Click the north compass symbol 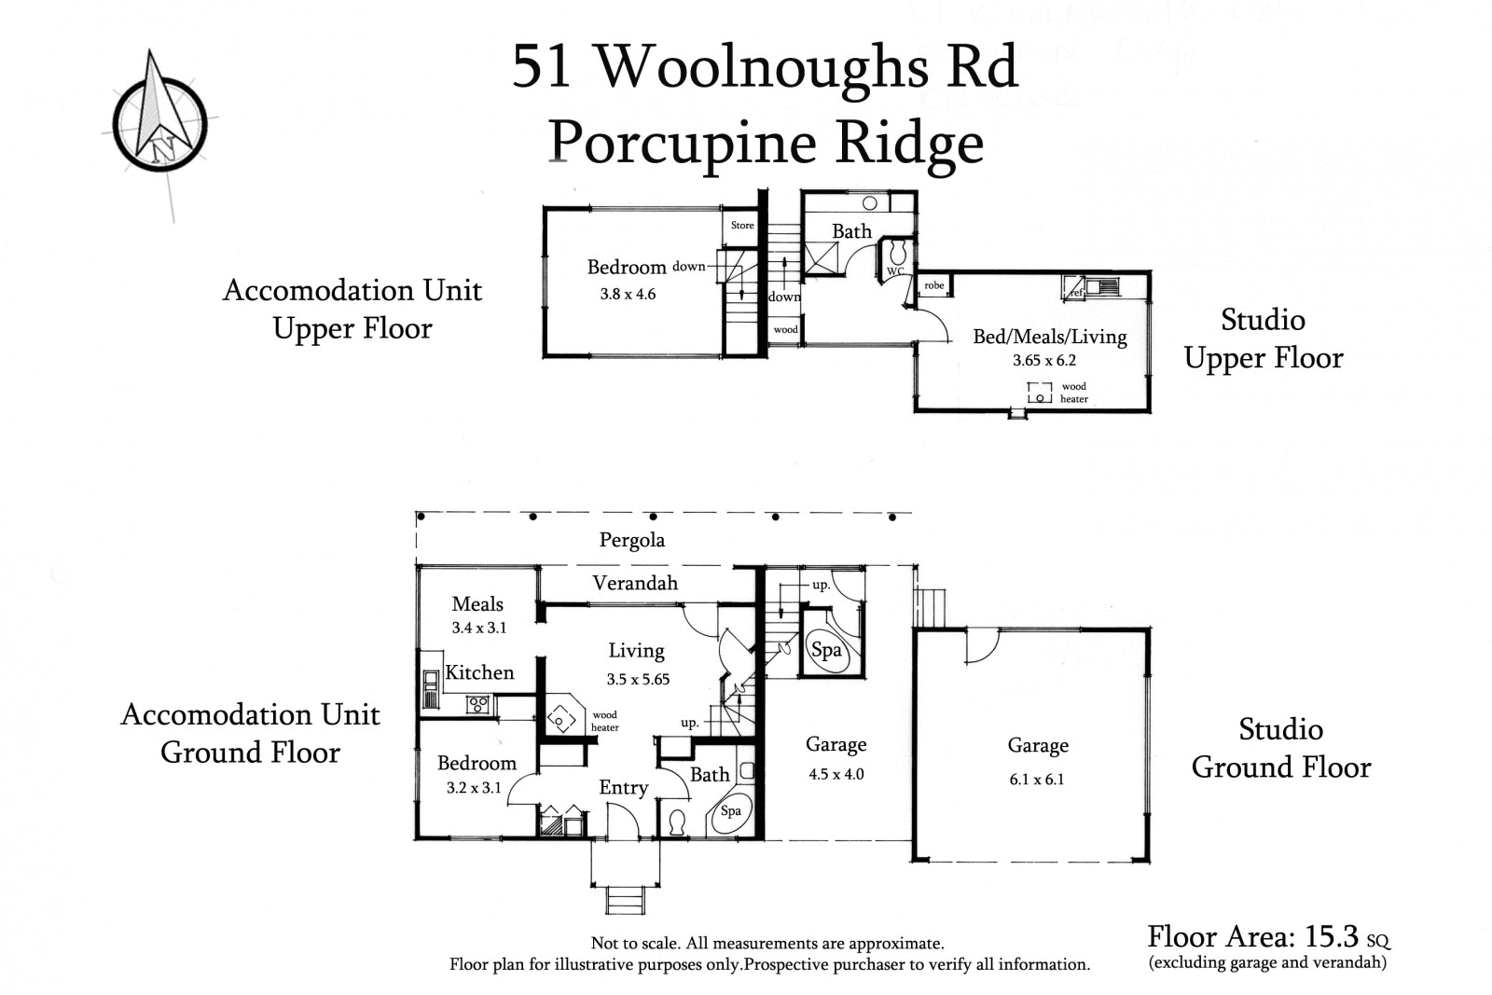tap(159, 118)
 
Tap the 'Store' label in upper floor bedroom tap(742, 225)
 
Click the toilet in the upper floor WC tap(898, 252)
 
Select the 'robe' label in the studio tap(934, 285)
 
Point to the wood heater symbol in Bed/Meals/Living tap(1040, 393)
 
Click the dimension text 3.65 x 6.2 tap(1044, 360)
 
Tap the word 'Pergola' tap(632, 540)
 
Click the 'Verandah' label tap(635, 583)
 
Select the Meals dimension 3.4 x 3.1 tap(478, 628)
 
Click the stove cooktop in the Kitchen tap(478, 705)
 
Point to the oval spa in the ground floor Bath tap(731, 811)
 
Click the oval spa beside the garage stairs tap(826, 650)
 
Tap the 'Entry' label tap(623, 788)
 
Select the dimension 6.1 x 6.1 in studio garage tap(1037, 780)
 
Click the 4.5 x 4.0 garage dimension tap(836, 774)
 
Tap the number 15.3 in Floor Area tap(1332, 936)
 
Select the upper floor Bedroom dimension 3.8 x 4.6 tap(628, 294)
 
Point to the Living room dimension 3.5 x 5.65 tap(638, 679)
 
